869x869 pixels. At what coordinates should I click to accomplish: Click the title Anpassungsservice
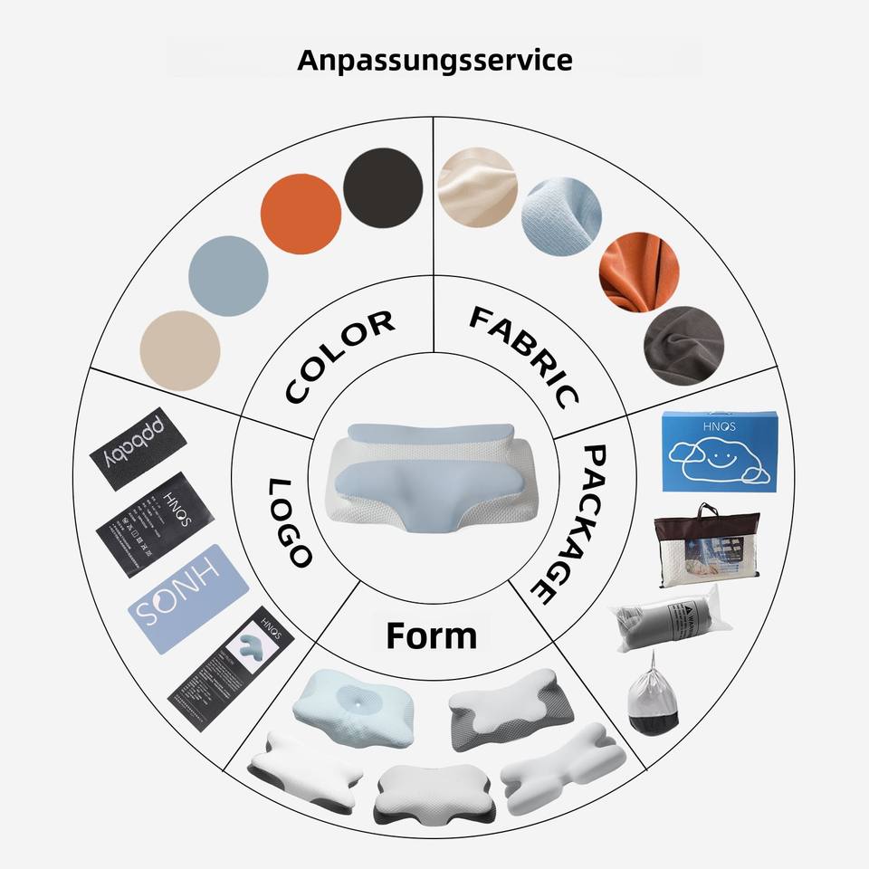click(x=434, y=61)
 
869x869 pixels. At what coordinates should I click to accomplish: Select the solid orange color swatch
click(x=301, y=215)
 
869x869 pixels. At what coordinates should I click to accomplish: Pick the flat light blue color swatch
click(x=228, y=276)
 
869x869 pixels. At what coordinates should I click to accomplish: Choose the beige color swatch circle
click(x=180, y=351)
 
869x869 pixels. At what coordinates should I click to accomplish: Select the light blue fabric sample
click(x=561, y=217)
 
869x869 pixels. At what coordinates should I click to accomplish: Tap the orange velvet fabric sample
click(x=639, y=273)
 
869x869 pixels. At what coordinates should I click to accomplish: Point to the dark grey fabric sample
click(x=683, y=347)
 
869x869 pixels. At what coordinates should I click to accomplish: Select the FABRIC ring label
click(x=525, y=355)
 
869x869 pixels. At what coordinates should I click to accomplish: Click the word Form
click(x=431, y=635)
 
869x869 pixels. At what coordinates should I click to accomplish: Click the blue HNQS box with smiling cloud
click(x=715, y=452)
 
